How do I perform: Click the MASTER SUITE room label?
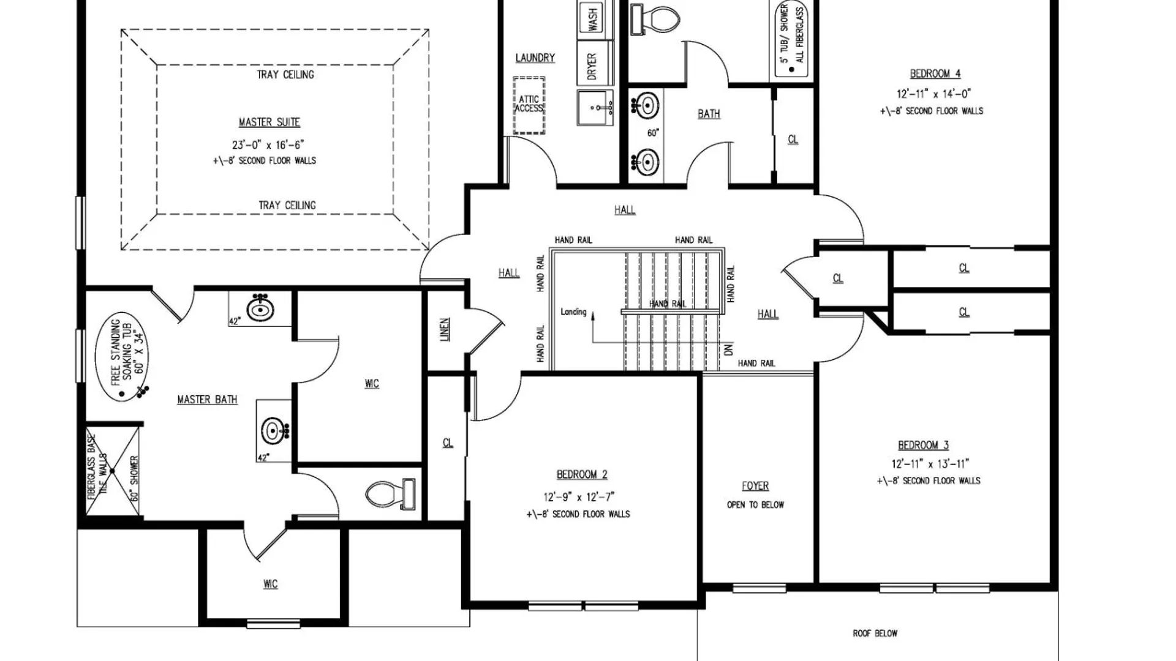(x=269, y=122)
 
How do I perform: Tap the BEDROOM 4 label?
(x=935, y=74)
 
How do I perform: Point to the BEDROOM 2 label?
(x=582, y=474)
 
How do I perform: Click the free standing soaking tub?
(x=121, y=357)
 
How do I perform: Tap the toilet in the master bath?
(x=390, y=494)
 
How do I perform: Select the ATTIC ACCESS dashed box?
(x=529, y=105)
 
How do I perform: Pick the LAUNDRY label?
(x=535, y=58)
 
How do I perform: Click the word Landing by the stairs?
(x=573, y=312)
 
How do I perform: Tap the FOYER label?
(x=755, y=486)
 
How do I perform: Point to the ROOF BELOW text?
(x=875, y=633)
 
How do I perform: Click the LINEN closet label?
(x=445, y=329)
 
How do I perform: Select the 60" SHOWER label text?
(x=135, y=478)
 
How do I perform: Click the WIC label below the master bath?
(x=270, y=584)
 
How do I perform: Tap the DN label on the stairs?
(x=728, y=350)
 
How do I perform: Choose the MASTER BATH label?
(x=207, y=400)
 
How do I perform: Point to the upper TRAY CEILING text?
(x=285, y=75)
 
